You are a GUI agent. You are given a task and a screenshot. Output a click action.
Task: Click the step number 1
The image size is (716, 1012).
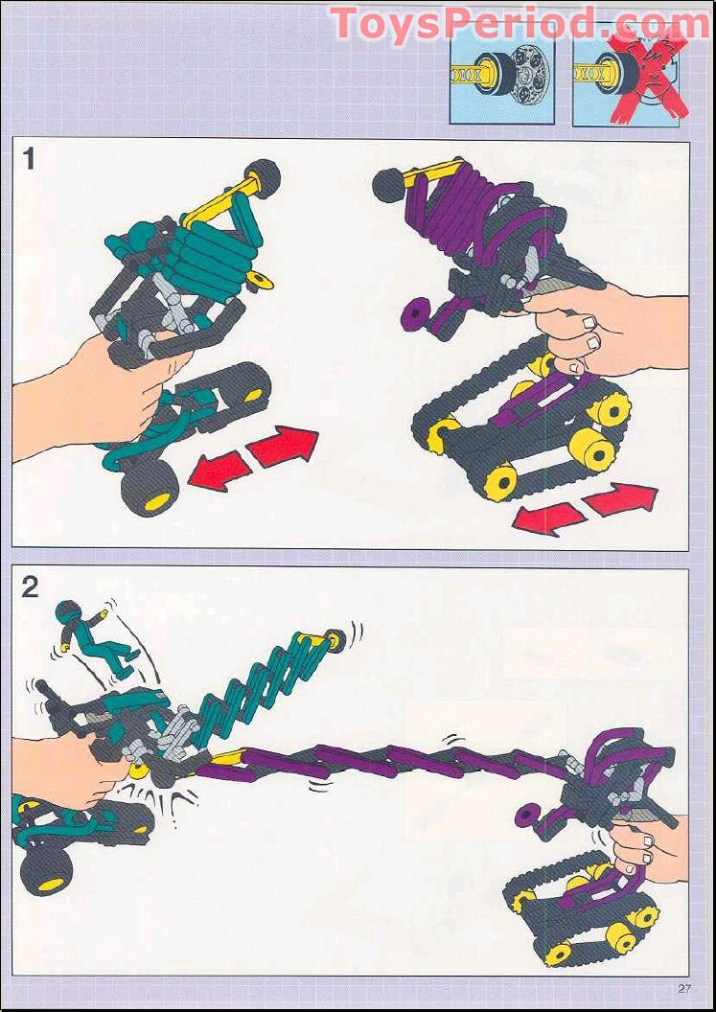(29, 158)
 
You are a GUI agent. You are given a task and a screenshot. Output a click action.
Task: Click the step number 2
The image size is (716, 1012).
(30, 586)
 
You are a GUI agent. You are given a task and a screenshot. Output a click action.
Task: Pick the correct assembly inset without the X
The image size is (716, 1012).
(501, 80)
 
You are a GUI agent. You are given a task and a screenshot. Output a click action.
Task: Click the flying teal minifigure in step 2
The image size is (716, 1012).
(92, 636)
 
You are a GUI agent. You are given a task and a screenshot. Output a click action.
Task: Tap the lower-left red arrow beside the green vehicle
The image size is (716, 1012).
(218, 472)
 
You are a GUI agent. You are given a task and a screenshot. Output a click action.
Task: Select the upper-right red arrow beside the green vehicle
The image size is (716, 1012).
(284, 447)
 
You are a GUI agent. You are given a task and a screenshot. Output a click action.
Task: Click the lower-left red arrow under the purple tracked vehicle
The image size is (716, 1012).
(548, 517)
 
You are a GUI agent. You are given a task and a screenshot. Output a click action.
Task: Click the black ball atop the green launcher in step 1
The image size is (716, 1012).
(265, 175)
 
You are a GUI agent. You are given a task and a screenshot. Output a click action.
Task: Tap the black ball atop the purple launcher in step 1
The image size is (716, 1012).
(389, 185)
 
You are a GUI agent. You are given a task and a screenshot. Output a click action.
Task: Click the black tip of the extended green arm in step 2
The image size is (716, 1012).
(336, 640)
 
